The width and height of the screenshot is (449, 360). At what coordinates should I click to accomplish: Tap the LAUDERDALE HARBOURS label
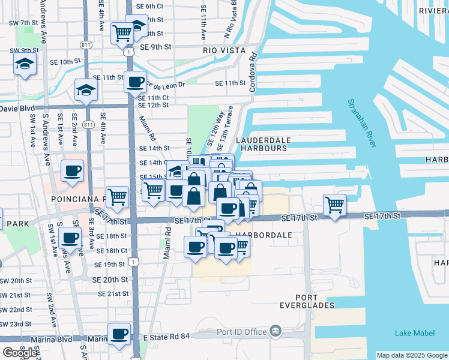pyautogui.click(x=263, y=144)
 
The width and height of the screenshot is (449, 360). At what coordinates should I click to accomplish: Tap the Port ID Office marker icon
pyautogui.click(x=275, y=332)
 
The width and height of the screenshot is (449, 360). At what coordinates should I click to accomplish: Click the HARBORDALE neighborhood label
pyautogui.click(x=264, y=235)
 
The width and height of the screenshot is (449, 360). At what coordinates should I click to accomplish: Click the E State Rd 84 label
pyautogui.click(x=167, y=337)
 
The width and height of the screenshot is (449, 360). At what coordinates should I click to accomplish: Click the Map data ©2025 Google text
pyautogui.click(x=412, y=355)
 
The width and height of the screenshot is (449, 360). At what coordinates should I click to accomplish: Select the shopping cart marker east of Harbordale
pyautogui.click(x=334, y=204)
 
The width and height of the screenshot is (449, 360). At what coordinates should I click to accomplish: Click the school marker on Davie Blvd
pyautogui.click(x=85, y=90)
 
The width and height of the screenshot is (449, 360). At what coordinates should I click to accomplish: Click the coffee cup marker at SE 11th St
pyautogui.click(x=135, y=81)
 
